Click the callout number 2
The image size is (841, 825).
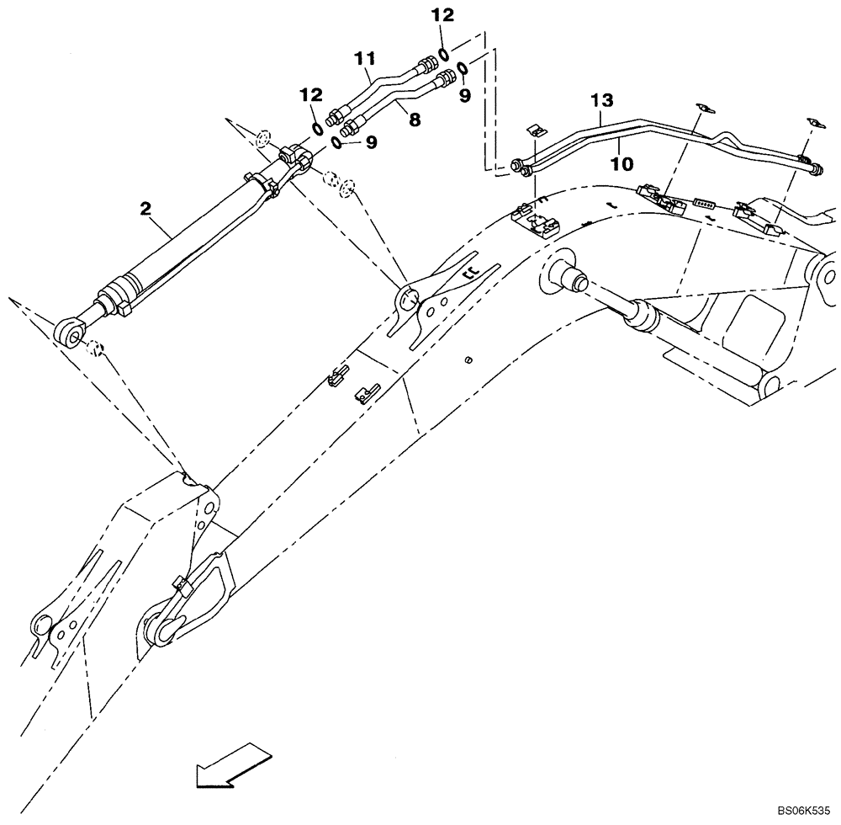[146, 207]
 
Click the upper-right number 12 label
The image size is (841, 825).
[442, 15]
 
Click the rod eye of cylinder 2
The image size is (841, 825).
[71, 331]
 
